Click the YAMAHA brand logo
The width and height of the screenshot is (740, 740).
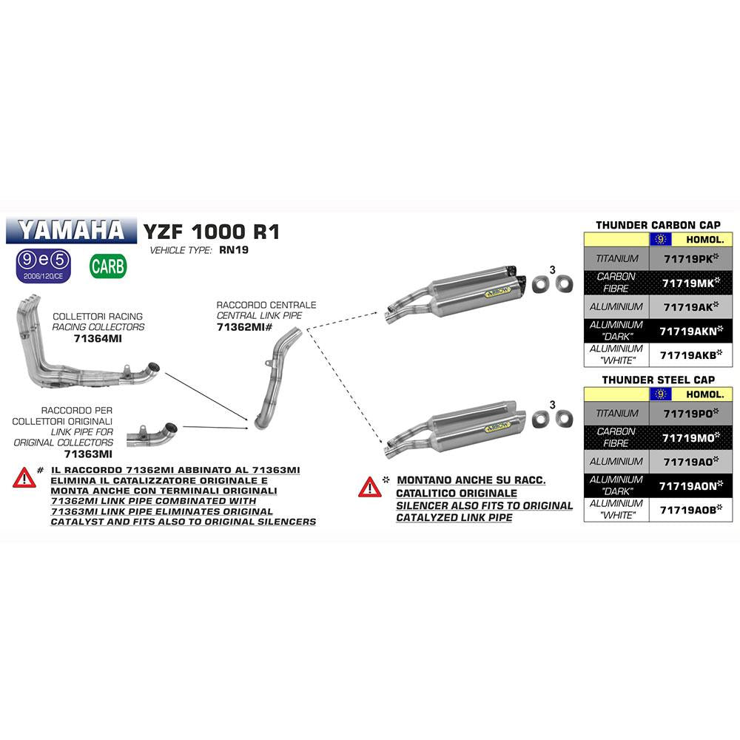tap(72, 230)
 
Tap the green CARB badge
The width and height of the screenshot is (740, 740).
tap(108, 266)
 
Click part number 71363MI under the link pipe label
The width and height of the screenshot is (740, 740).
tap(88, 454)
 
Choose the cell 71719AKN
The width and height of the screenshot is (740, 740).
tap(691, 330)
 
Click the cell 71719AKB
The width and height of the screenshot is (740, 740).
tap(691, 354)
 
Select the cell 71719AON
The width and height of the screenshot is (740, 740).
tap(691, 485)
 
